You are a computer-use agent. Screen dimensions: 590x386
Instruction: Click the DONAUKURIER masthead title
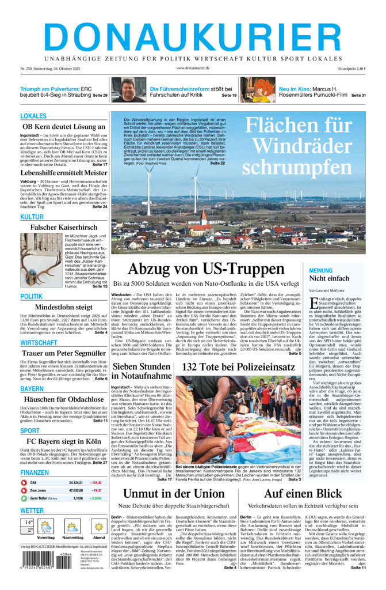point(193,33)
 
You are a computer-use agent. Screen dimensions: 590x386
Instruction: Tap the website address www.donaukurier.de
point(193,68)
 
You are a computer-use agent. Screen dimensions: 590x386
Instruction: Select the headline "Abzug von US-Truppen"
point(206,269)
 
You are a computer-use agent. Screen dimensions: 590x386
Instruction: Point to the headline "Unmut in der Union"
point(174,494)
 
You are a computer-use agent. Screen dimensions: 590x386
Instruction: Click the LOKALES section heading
point(33,116)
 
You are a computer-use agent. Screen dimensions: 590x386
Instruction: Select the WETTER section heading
point(32,510)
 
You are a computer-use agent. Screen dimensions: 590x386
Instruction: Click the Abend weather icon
point(98,527)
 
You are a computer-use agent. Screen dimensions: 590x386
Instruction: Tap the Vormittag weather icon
point(46,527)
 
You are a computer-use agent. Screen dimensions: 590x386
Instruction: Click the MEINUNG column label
point(320,270)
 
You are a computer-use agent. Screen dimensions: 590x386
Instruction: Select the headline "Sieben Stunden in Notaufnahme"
point(141,372)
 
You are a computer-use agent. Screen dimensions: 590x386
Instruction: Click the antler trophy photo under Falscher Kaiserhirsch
point(41,259)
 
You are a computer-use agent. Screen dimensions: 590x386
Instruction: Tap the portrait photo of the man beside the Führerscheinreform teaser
point(128,90)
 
